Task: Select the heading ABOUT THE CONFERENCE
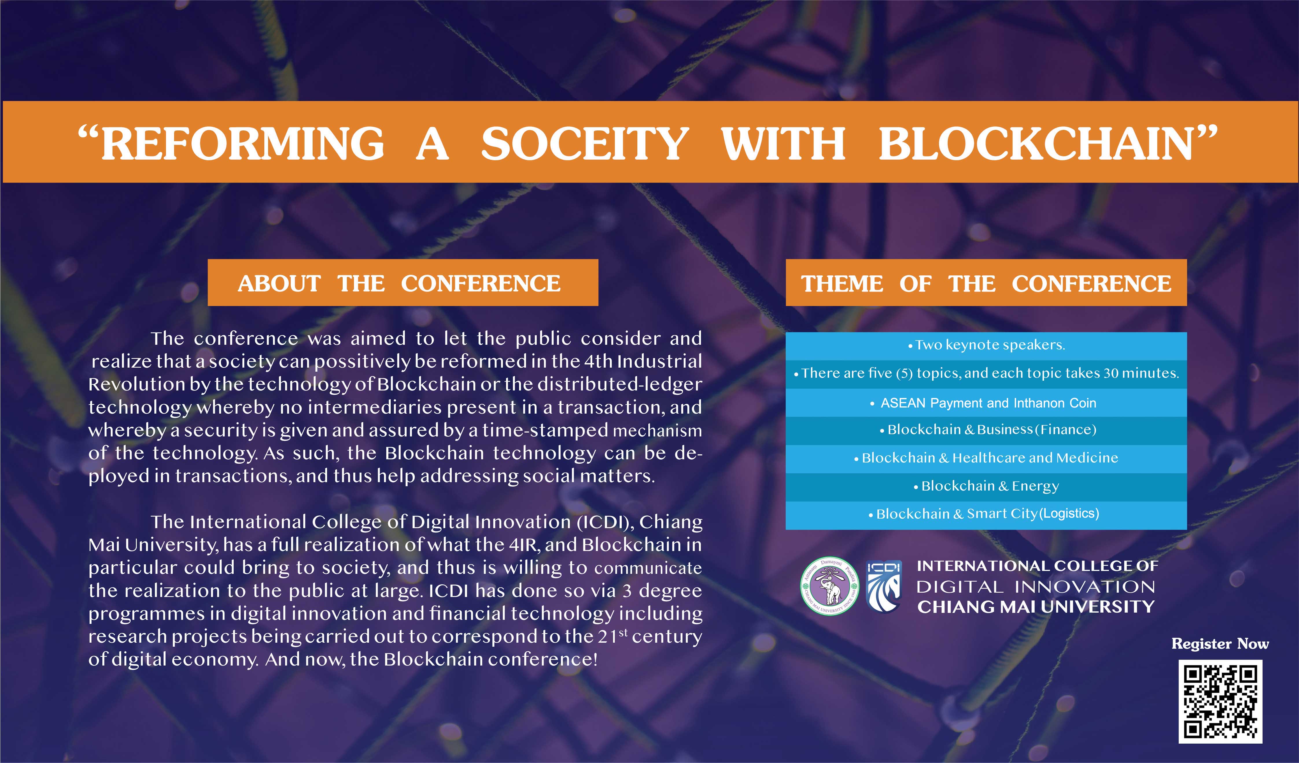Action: point(399,283)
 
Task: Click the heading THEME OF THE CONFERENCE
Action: point(986,283)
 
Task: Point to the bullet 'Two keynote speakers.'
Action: point(986,345)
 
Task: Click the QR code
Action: point(1220,702)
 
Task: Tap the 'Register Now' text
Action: point(1220,644)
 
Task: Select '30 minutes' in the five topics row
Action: point(1140,373)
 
